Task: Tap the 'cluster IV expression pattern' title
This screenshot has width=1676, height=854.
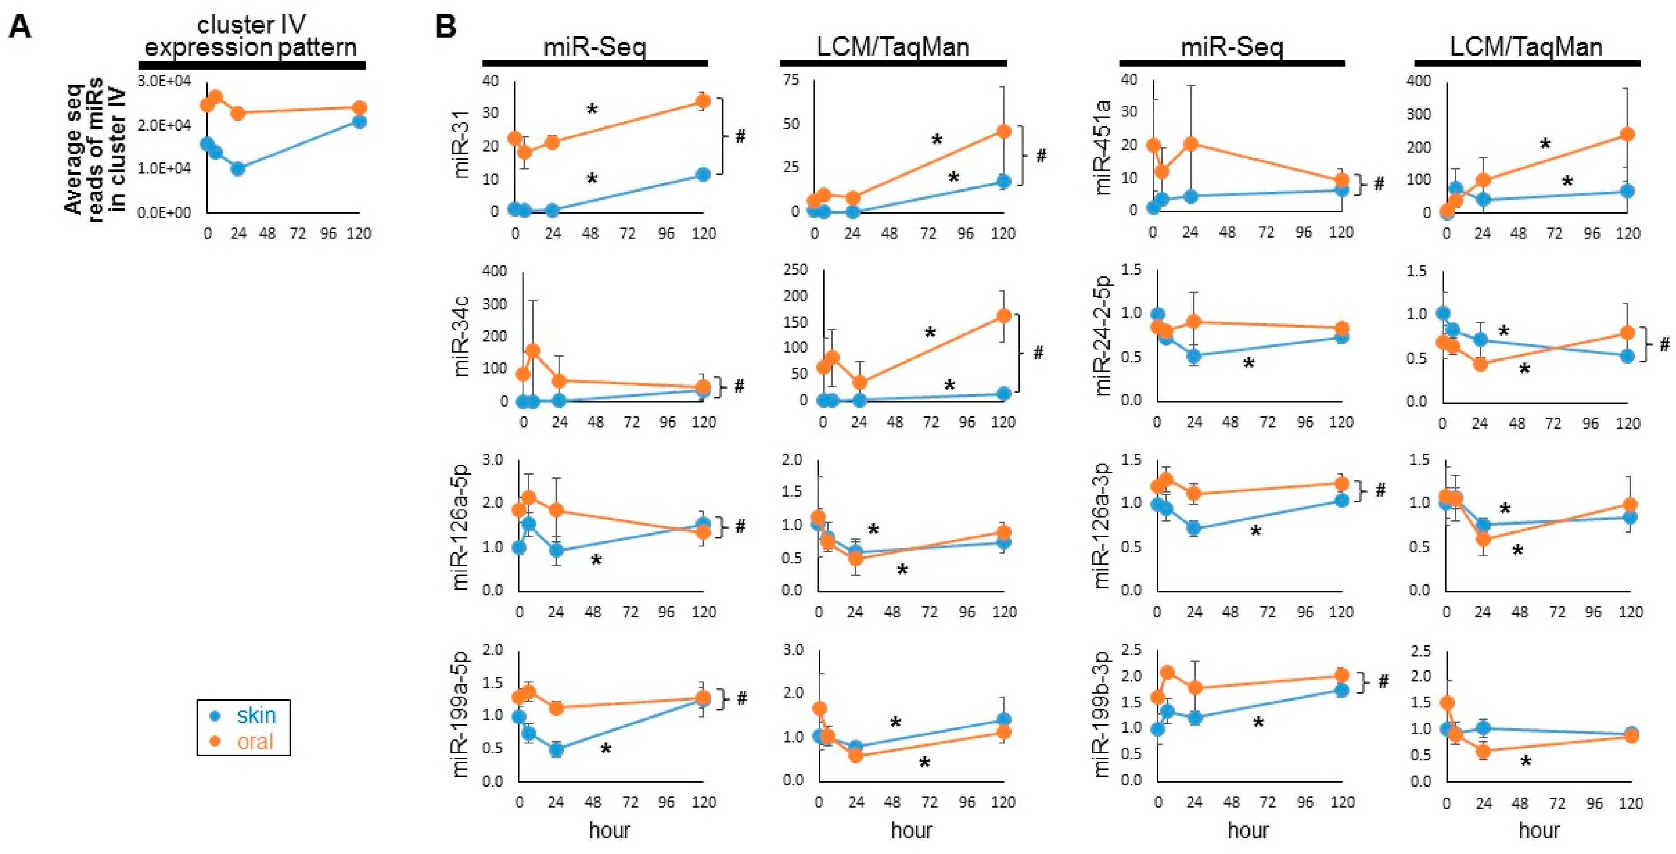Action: tap(251, 36)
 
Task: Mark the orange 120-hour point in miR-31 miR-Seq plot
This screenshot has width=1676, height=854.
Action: tap(703, 101)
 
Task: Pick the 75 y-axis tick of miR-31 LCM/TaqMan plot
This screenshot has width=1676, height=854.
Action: tap(791, 80)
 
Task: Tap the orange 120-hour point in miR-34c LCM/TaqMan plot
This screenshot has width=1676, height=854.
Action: tap(1003, 316)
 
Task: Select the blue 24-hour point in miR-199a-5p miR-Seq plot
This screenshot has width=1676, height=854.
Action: tap(556, 750)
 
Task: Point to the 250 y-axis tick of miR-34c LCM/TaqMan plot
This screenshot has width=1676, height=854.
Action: tap(795, 269)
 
